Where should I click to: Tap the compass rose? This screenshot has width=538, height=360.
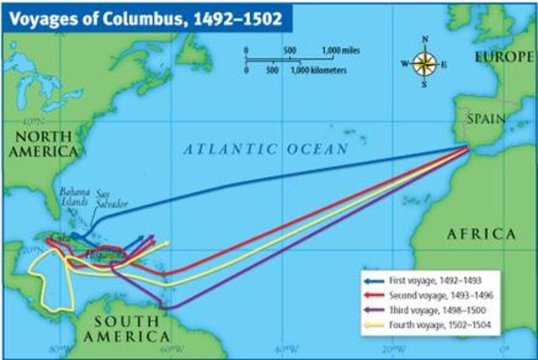[425, 62]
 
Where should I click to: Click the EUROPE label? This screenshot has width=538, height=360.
[504, 56]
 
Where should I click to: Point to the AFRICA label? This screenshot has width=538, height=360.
[480, 233]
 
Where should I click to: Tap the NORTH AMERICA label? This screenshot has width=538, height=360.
[43, 144]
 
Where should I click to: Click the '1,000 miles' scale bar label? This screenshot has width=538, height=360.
[341, 51]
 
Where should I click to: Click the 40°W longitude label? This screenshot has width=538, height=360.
[287, 349]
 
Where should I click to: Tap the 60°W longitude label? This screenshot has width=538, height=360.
[173, 349]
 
